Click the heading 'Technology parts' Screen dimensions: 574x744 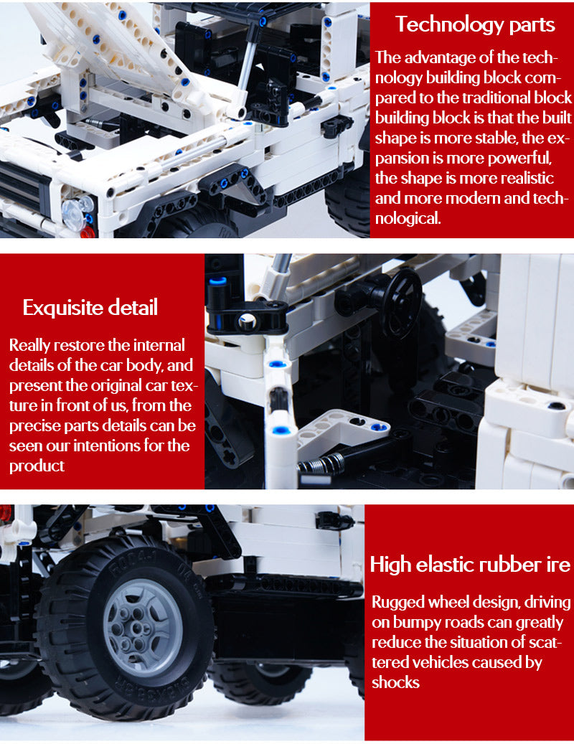[475, 24]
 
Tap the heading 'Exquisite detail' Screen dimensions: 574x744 [90, 308]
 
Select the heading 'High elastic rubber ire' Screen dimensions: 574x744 [470, 565]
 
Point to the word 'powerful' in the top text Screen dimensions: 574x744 [520, 158]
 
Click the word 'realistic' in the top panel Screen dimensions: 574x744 [527, 178]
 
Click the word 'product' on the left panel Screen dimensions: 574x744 [37, 466]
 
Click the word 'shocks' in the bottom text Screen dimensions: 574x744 [395, 682]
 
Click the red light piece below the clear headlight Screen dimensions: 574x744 [88, 232]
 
